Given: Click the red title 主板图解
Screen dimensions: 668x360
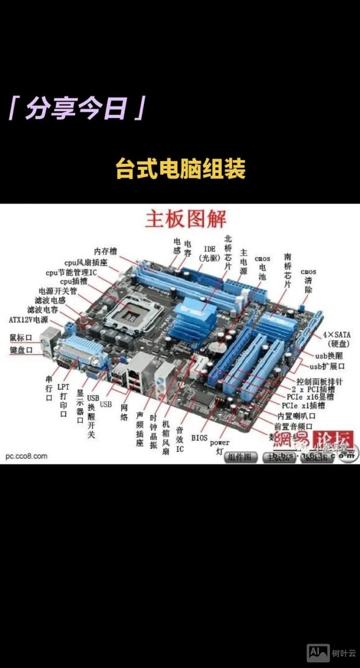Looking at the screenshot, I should pyautogui.click(x=186, y=219).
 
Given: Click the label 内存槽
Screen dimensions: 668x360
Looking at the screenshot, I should pyautogui.click(x=105, y=252).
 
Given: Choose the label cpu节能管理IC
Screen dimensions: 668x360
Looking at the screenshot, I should pyautogui.click(x=71, y=272).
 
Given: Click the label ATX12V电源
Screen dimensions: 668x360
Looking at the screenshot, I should pyautogui.click(x=29, y=319).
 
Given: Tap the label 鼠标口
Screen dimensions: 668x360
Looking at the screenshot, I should pyautogui.click(x=21, y=338).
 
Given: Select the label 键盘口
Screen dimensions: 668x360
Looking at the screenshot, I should pyautogui.click(x=21, y=350).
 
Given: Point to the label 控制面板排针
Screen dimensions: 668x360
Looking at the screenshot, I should pyautogui.click(x=319, y=381).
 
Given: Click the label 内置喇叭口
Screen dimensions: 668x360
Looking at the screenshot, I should pyautogui.click(x=296, y=415).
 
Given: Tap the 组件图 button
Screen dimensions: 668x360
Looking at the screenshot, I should pyautogui.click(x=241, y=457).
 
